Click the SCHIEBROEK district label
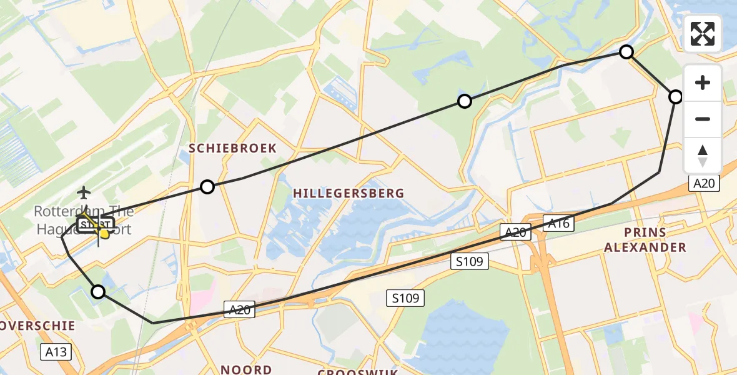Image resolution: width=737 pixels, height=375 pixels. (233, 147)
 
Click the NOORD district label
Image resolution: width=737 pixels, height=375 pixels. (246, 369)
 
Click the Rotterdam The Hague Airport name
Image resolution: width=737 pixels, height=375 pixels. (83, 220)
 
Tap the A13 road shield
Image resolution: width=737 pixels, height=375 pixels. (56, 352)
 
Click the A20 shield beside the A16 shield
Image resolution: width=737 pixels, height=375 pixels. (516, 232)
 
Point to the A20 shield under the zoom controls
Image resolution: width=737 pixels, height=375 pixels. (705, 183)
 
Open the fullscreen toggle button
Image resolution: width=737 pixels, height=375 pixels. (703, 34)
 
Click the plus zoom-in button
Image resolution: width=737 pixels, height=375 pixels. (703, 82)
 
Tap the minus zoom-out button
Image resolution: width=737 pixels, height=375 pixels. (703, 119)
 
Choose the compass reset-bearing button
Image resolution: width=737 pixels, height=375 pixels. (703, 155)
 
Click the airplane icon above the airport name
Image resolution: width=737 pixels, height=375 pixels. (84, 191)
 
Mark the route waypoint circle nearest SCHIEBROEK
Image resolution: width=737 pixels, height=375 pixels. (207, 186)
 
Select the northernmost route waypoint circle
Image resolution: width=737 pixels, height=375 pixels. (626, 52)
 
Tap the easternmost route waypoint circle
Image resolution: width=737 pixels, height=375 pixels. (676, 97)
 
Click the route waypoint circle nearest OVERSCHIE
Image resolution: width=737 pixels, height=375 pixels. (98, 291)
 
